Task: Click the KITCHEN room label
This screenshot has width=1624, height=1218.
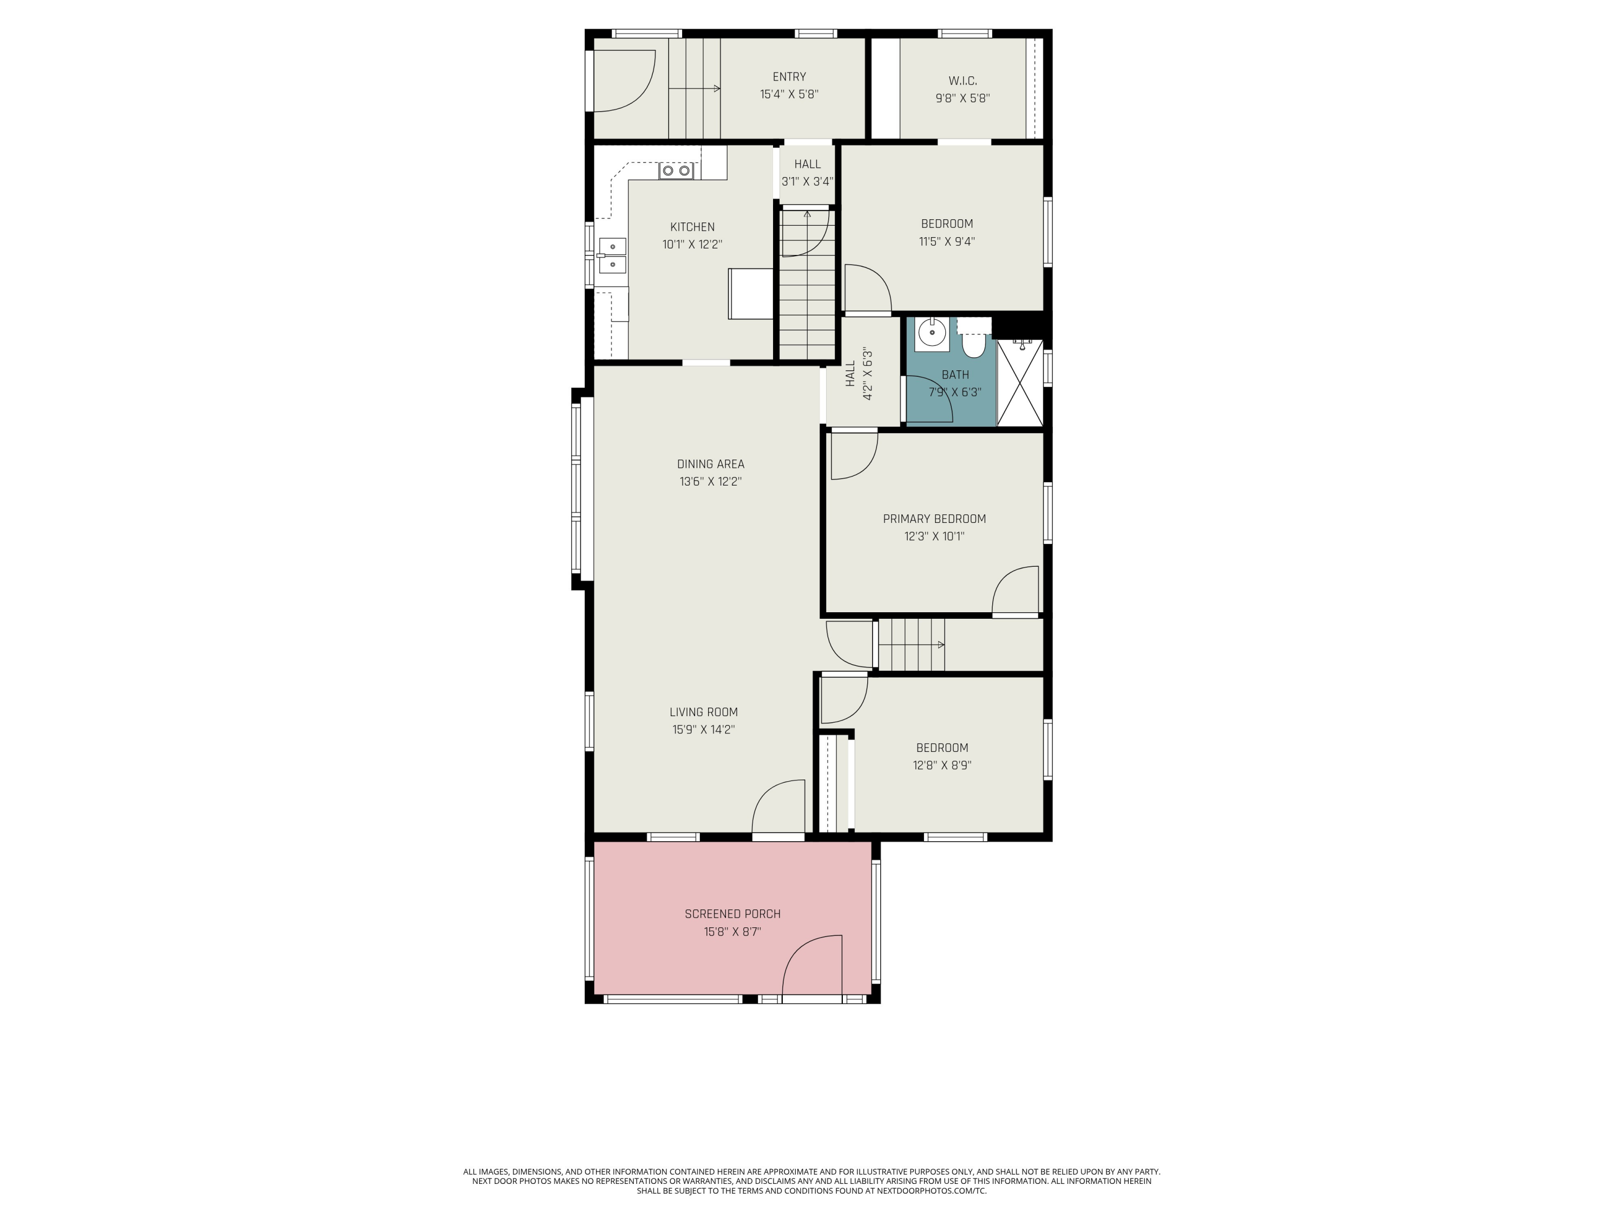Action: tap(692, 227)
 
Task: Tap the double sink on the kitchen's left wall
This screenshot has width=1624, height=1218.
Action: tap(612, 256)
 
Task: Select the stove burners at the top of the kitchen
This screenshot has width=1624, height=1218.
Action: tap(676, 171)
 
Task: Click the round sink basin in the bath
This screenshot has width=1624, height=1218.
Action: tap(932, 334)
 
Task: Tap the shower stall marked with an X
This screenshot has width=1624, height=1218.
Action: tap(1020, 383)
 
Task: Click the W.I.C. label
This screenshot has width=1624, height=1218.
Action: tap(962, 81)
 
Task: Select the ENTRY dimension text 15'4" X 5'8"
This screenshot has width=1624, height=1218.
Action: tap(789, 95)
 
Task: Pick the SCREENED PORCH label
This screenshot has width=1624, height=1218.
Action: tap(732, 914)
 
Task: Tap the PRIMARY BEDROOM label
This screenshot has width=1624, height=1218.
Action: tap(934, 519)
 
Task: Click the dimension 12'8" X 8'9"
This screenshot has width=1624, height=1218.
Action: tap(942, 765)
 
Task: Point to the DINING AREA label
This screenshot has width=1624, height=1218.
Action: tap(710, 464)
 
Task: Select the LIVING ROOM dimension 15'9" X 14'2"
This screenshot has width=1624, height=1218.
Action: tap(703, 730)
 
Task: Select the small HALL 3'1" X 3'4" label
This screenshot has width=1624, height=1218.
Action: tap(807, 173)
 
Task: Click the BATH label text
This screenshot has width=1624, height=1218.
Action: tap(954, 375)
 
